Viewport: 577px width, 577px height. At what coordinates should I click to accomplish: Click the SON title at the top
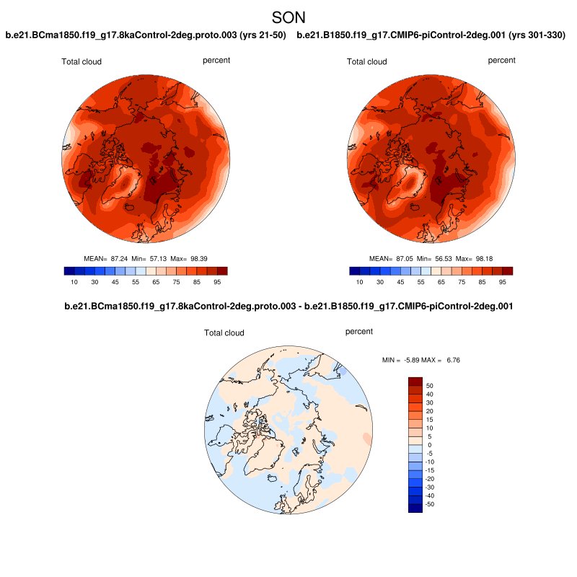(288, 17)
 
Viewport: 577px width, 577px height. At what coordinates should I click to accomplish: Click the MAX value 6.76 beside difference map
(449, 359)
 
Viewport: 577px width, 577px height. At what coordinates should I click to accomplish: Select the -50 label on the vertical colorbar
(431, 504)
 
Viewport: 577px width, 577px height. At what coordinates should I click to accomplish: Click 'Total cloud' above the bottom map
(224, 333)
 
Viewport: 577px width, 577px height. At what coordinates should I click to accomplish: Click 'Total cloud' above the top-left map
(82, 62)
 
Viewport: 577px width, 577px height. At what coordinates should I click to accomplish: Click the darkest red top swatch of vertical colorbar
(415, 381)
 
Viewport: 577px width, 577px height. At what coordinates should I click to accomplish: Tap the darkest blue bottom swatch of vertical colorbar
(415, 508)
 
